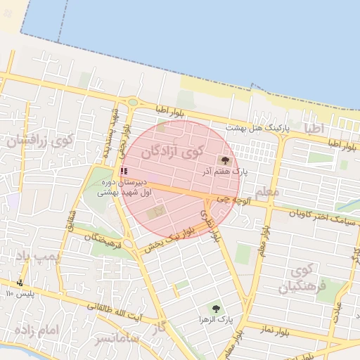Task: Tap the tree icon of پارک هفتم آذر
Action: click(225, 160)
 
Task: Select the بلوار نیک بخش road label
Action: click(169, 239)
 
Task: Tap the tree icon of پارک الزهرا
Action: click(215, 308)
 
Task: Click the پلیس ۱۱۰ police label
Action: click(19, 292)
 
